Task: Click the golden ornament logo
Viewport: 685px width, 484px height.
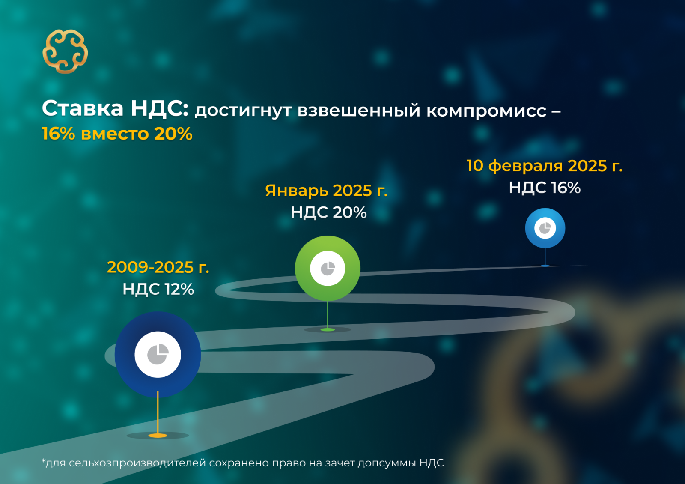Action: [65, 51]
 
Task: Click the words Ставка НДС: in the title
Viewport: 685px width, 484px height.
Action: [115, 108]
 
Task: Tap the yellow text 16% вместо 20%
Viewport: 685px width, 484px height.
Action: [117, 134]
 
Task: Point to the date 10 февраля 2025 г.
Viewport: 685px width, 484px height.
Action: [545, 166]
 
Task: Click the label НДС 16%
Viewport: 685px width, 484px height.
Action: [545, 188]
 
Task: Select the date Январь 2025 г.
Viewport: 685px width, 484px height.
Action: [326, 190]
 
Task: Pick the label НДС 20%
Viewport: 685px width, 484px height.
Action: [328, 212]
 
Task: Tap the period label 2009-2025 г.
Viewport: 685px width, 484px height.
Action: [158, 267]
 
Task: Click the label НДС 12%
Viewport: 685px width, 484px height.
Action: [158, 289]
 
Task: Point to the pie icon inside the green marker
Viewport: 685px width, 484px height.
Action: [328, 269]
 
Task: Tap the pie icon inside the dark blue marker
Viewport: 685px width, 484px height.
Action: [158, 354]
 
